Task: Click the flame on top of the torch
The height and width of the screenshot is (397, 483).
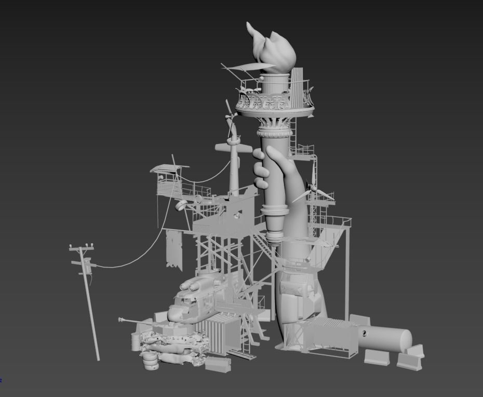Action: coord(273,49)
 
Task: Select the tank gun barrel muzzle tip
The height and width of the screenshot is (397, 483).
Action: coord(120,319)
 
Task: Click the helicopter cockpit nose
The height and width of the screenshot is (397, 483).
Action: coord(176,312)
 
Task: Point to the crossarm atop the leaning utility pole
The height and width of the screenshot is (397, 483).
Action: coord(82,249)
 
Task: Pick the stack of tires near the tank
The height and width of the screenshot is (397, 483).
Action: coord(150,360)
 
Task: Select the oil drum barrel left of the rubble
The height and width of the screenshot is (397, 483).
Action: coord(135,342)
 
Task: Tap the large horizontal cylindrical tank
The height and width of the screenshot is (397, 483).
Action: coord(384,337)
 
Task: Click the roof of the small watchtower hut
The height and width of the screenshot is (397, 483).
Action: coord(169,168)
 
